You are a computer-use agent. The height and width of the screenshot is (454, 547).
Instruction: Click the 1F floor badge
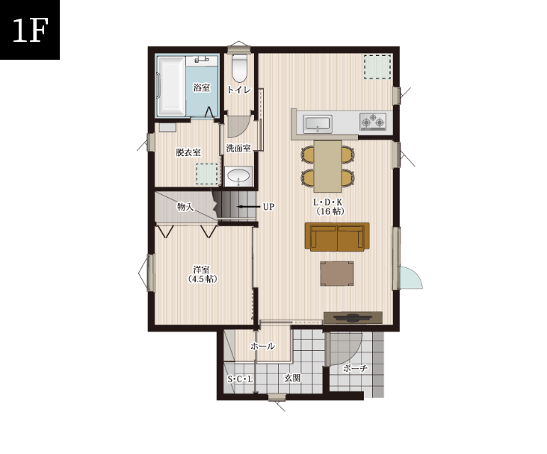30,30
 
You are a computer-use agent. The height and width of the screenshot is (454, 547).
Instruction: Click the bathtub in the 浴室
171,86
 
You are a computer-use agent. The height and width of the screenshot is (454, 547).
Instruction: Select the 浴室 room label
202,87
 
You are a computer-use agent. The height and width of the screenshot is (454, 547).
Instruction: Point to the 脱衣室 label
188,152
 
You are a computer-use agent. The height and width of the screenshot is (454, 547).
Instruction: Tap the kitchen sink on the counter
317,123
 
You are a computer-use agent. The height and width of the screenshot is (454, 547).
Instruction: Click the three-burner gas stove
373,122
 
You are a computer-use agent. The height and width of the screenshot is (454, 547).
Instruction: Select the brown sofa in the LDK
337,237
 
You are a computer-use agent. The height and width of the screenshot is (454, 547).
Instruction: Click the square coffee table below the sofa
337,274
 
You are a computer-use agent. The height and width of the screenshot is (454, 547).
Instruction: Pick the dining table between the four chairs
327,167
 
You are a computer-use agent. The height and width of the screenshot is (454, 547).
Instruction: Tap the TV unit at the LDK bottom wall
353,318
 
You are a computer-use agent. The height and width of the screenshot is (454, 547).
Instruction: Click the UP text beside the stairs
268,207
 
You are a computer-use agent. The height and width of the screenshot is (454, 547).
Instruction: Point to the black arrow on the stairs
248,207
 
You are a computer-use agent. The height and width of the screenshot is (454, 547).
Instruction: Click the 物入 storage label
185,207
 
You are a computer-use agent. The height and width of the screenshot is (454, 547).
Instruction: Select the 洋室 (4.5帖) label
203,274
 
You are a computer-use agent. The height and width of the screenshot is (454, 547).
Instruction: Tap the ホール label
262,346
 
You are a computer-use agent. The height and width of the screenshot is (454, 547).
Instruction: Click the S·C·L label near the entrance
240,379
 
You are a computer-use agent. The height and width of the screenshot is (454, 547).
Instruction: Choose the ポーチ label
355,368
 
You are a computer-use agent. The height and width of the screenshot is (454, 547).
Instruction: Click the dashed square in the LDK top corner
377,67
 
